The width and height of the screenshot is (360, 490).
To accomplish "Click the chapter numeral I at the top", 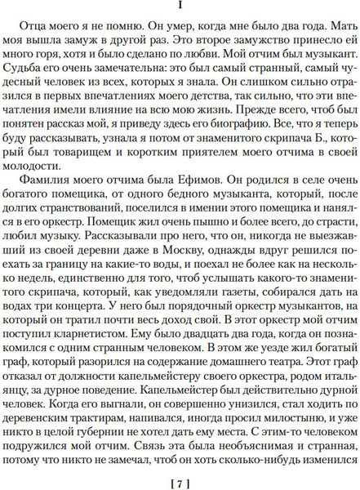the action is (180, 8).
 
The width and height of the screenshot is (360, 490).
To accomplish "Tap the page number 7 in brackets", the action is (180, 478).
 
